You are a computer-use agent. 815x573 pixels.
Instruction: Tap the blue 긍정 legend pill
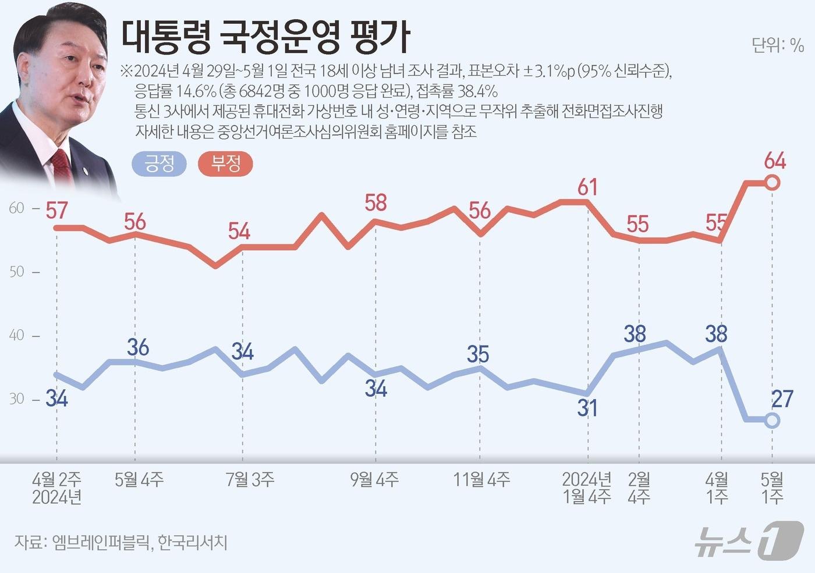[159, 164]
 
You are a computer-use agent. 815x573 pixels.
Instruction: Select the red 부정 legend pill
[225, 164]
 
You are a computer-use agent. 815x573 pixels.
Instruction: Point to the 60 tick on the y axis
[17, 208]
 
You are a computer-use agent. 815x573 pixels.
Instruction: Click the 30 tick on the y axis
[17, 399]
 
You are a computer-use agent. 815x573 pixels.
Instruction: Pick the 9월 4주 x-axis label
[374, 479]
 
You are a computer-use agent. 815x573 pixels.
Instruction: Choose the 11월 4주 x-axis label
[481, 479]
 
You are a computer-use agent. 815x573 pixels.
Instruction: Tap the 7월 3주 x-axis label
[250, 479]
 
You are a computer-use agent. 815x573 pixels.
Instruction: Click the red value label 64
[775, 161]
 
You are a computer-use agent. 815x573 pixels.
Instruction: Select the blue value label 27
[782, 399]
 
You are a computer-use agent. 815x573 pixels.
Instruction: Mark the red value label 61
[587, 187]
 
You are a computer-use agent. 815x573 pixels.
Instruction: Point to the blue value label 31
[587, 408]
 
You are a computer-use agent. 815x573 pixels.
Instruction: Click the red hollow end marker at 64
[772, 183]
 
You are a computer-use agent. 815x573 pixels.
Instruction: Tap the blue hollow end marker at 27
[772, 421]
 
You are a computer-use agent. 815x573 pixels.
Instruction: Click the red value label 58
[375, 203]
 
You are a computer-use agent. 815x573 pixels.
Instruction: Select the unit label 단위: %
[777, 45]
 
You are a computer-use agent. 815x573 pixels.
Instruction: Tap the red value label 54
[239, 232]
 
